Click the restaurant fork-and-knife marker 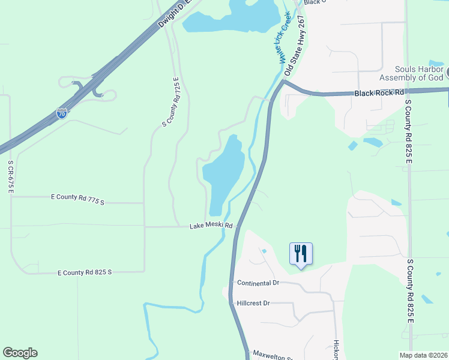(x=301, y=253)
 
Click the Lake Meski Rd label (x=211, y=226)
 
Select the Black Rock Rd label (x=378, y=93)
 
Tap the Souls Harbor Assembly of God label (x=411, y=73)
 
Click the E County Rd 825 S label (x=85, y=272)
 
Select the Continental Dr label (x=258, y=283)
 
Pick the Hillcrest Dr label (x=254, y=303)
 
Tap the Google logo (x=20, y=353)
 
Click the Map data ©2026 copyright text (x=423, y=355)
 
